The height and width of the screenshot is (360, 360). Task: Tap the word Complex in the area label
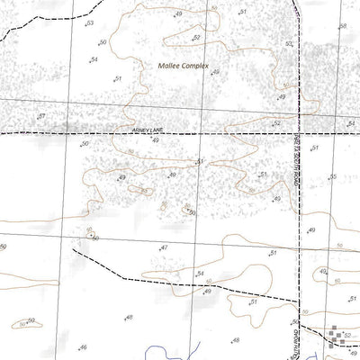[194, 67]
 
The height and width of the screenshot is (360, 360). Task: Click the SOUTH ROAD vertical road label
[296, 338]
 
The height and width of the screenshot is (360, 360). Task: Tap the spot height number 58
[344, 27]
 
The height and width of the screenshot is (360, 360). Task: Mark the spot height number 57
[41, 117]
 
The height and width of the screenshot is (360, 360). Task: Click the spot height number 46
[84, 346]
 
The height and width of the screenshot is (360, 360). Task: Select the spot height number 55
[332, 176]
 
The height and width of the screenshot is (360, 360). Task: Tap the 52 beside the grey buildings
[346, 335]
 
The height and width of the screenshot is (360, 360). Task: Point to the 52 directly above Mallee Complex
[196, 38]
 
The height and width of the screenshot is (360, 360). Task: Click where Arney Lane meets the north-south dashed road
[298, 132]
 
